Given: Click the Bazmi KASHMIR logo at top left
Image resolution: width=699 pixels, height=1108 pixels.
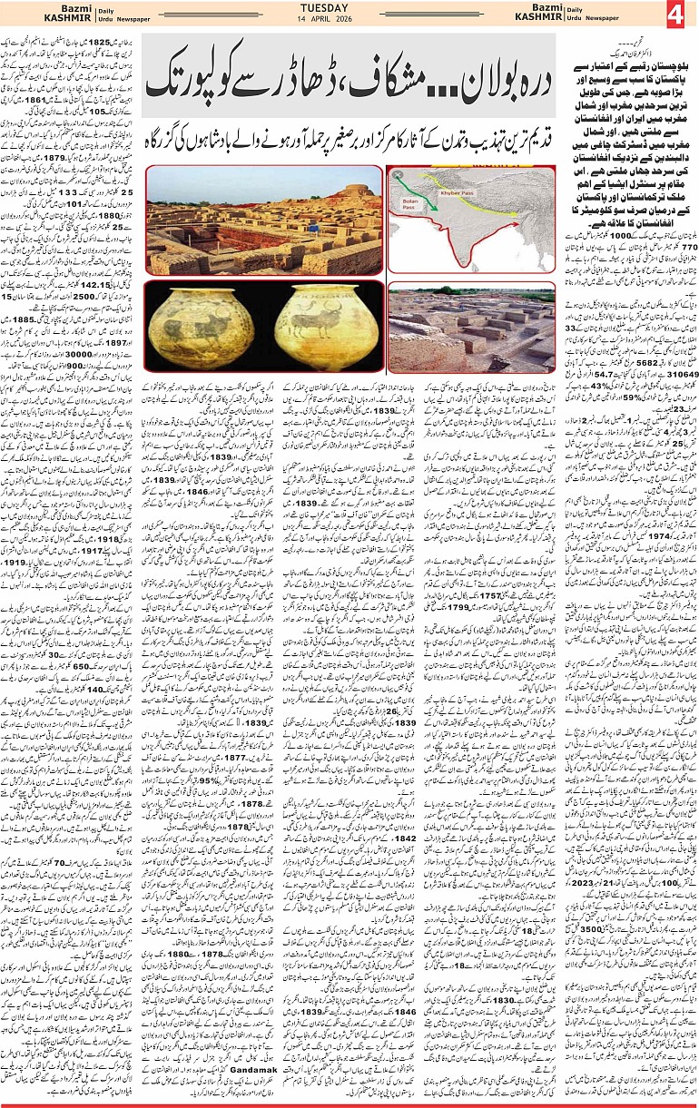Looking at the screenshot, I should coord(29,15).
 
